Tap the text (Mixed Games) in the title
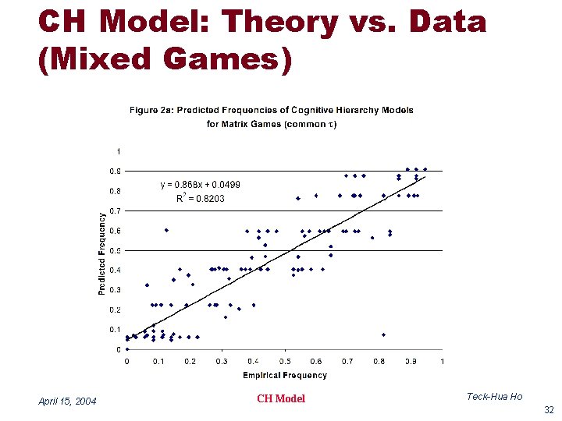click(165, 61)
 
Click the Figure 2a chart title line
click(271, 110)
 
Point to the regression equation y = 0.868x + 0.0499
click(200, 185)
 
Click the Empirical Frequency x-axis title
click(284, 375)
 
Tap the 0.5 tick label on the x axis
click(285, 361)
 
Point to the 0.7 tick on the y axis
click(114, 210)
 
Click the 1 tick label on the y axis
click(118, 151)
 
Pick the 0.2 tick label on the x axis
click(190, 361)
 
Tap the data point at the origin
click(127, 349)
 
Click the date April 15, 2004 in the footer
click(67, 401)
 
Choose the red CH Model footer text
click(281, 398)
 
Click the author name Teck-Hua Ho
click(494, 397)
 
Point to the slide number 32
click(547, 409)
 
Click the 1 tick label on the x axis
click(442, 361)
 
